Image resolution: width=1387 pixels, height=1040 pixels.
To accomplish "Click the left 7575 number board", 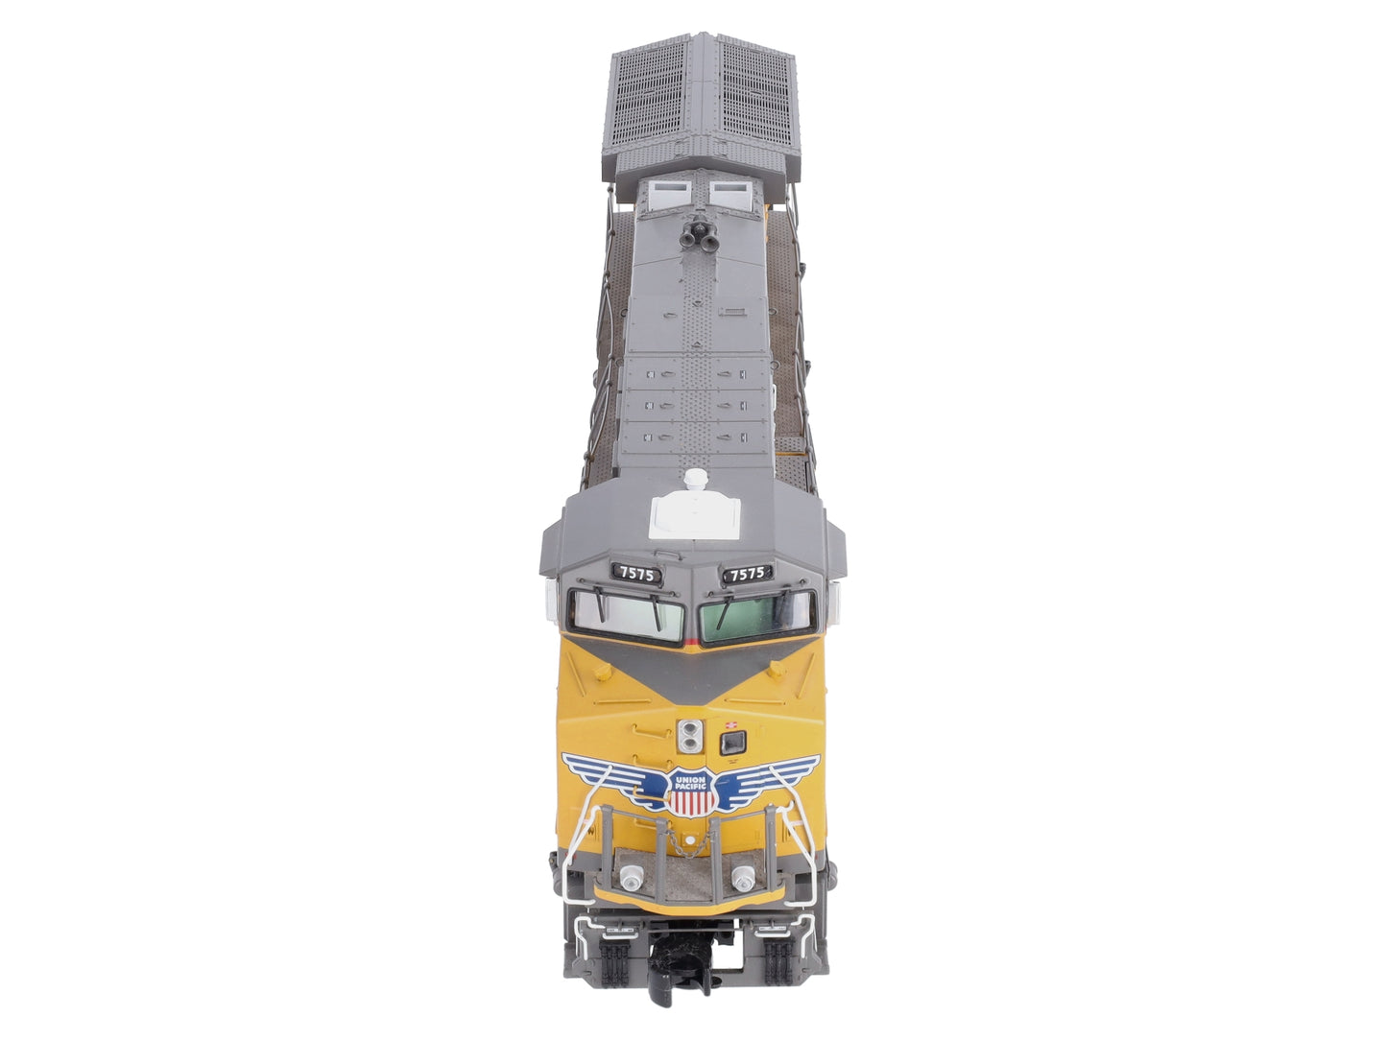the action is tap(637, 574).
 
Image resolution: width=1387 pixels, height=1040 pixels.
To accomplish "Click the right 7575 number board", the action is tap(748, 574).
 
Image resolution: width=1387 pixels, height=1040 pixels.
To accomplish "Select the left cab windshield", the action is tap(627, 617).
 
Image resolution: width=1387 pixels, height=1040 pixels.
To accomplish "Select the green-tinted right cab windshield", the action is tap(757, 617).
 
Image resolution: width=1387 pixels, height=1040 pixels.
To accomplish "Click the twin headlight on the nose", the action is tap(690, 736).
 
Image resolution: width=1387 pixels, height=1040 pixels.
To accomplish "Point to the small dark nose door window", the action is tap(733, 743).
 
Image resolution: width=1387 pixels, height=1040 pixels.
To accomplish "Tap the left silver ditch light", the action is tap(632, 876).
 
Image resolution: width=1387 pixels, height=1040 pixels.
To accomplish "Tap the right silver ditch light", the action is tap(744, 876).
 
